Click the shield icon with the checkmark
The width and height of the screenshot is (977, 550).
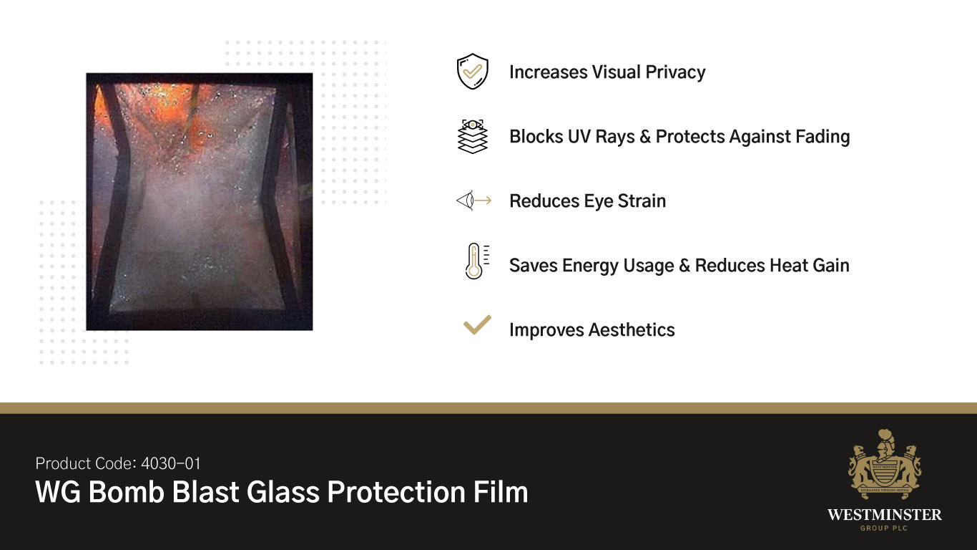pyautogui.click(x=472, y=72)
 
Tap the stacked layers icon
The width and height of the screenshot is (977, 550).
pyautogui.click(x=472, y=136)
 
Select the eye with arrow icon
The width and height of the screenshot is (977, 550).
pyautogui.click(x=473, y=201)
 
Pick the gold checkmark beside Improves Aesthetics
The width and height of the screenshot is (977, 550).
pyautogui.click(x=477, y=326)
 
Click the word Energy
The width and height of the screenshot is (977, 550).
pyautogui.click(x=589, y=266)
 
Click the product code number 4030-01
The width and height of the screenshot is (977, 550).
pyautogui.click(x=170, y=463)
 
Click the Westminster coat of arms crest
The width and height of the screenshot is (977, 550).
pyautogui.click(x=884, y=465)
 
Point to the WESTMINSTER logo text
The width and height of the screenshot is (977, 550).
pyautogui.click(x=884, y=515)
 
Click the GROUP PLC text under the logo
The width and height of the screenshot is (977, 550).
pyautogui.click(x=884, y=529)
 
